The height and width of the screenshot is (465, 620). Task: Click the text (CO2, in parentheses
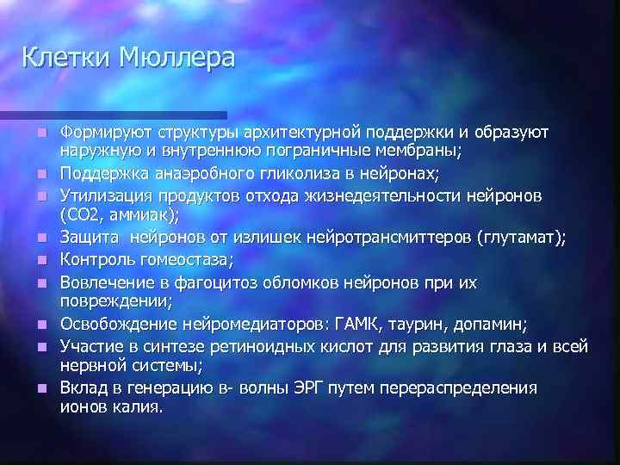coord(81,215)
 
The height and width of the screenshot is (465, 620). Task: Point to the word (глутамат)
coord(521,239)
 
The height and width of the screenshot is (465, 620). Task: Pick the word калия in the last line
coord(138,407)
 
